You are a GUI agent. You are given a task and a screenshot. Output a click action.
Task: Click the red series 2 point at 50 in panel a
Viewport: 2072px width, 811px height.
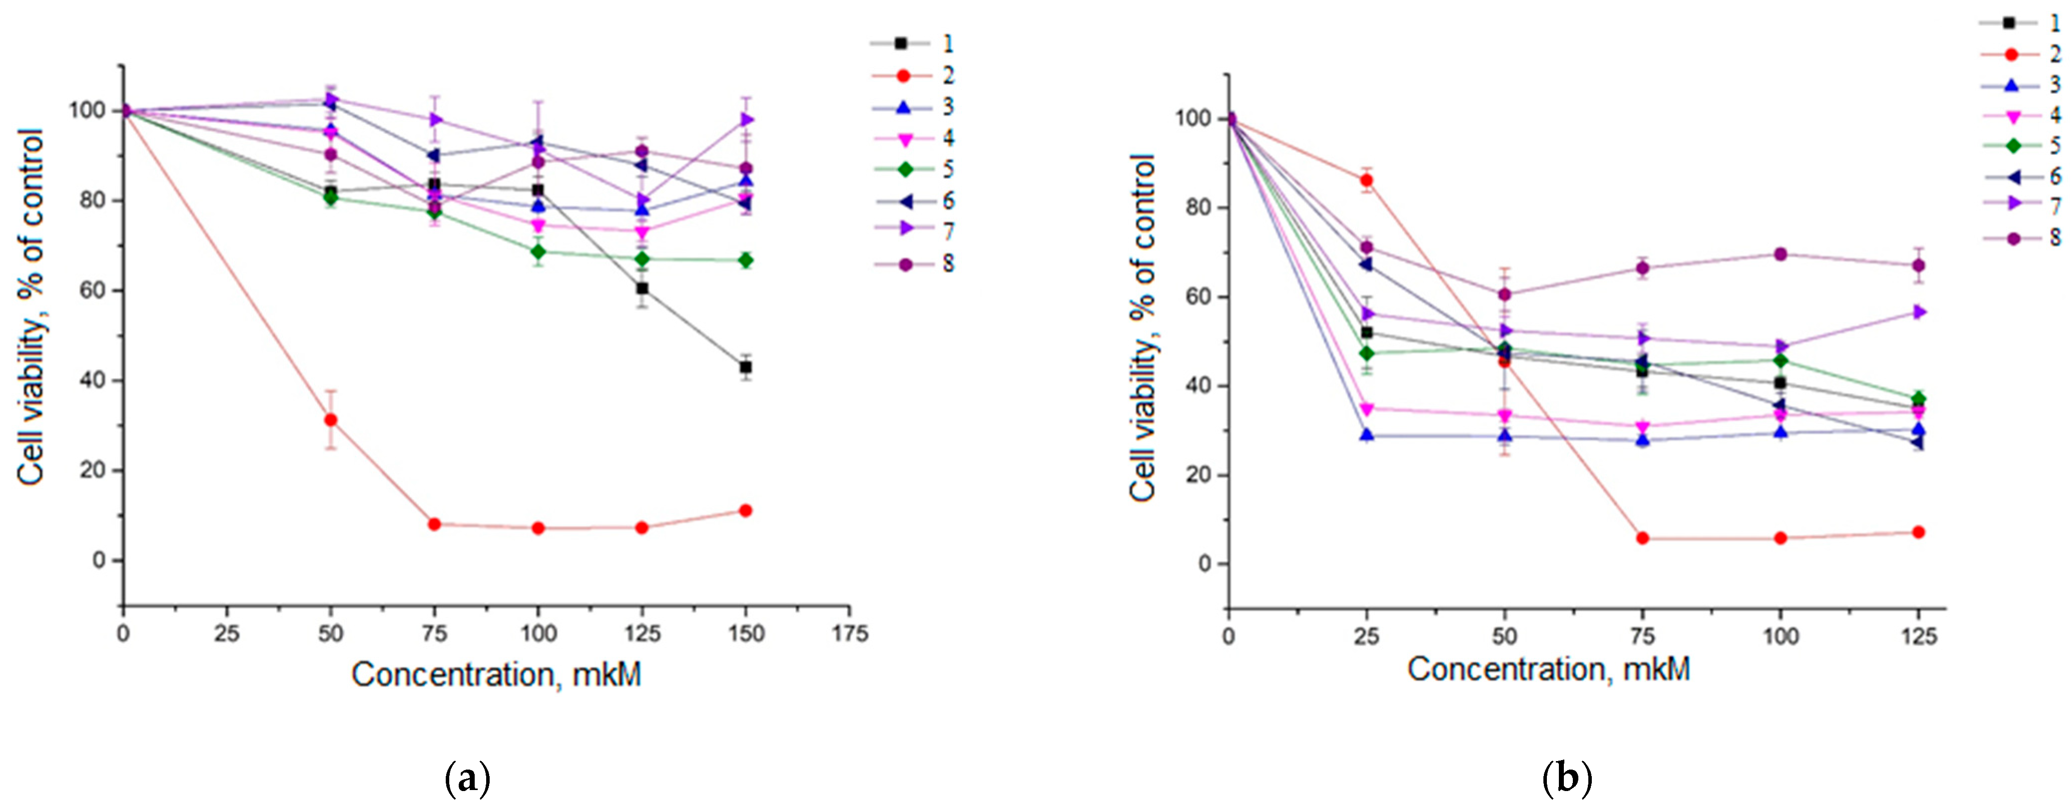click(x=330, y=420)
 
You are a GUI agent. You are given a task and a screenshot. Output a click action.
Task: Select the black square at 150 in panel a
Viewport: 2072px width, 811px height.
click(x=746, y=367)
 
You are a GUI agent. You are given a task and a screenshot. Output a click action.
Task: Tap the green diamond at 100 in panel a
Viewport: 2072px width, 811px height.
click(x=538, y=252)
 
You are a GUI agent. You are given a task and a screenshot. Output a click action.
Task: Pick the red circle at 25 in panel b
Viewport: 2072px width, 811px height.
click(x=1366, y=180)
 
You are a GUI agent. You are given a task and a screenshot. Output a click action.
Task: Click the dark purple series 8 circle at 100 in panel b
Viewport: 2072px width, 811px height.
click(x=1780, y=254)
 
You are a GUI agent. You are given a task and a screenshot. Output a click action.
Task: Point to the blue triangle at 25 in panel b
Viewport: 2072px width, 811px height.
click(x=1366, y=435)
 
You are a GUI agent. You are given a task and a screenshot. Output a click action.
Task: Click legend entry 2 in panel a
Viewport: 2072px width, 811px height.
click(x=913, y=76)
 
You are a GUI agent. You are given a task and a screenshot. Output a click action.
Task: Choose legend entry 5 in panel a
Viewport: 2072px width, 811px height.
click(x=913, y=169)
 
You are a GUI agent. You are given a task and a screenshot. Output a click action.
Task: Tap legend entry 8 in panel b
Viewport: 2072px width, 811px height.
click(x=2019, y=238)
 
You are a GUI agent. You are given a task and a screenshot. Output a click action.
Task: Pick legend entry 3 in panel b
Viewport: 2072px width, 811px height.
click(x=2019, y=84)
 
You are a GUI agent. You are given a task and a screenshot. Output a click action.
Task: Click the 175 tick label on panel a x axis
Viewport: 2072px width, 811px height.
click(x=850, y=634)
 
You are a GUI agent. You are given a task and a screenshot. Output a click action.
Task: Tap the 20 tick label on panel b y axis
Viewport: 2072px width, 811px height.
click(x=1197, y=476)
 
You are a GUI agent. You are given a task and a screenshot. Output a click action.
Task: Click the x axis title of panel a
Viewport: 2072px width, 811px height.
click(x=496, y=674)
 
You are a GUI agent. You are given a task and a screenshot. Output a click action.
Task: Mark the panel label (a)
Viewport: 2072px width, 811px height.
click(x=467, y=779)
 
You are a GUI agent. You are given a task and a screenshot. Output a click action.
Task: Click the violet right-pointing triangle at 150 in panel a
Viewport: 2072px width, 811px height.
click(x=746, y=120)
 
